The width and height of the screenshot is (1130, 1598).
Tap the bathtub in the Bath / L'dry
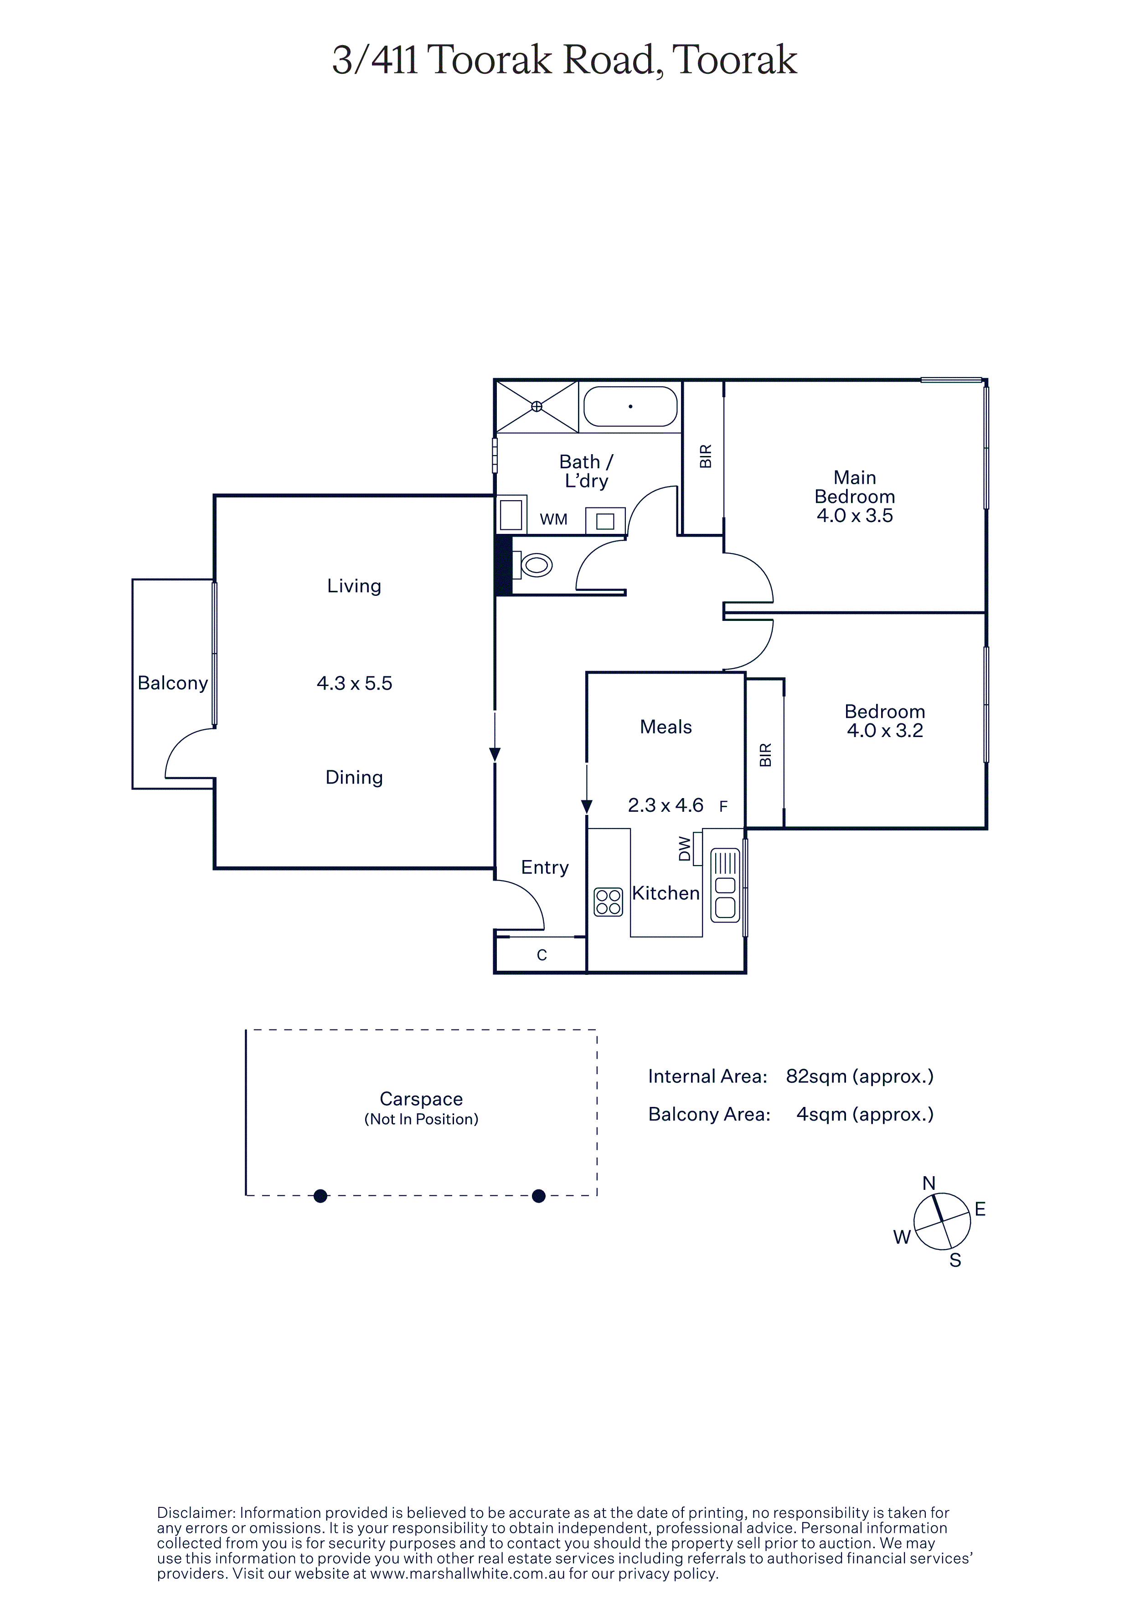pyautogui.click(x=630, y=406)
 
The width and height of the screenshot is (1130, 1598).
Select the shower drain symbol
pyautogui.click(x=537, y=406)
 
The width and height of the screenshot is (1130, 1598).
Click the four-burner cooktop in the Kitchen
pyautogui.click(x=609, y=902)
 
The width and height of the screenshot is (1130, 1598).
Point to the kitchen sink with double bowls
pyautogui.click(x=726, y=885)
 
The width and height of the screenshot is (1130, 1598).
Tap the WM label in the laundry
pyautogui.click(x=553, y=519)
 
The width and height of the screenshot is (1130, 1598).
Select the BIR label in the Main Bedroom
pyautogui.click(x=705, y=456)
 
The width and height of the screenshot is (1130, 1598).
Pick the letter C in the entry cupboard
pyautogui.click(x=542, y=956)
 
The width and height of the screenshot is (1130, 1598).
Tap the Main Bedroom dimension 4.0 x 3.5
pyautogui.click(x=855, y=516)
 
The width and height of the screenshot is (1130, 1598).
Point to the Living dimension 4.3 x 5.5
pyautogui.click(x=354, y=683)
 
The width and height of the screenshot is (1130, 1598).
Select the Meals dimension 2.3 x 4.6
pyautogui.click(x=666, y=805)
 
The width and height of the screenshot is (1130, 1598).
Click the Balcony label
pyautogui.click(x=173, y=683)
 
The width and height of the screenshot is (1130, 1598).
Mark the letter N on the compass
pyautogui.click(x=929, y=1183)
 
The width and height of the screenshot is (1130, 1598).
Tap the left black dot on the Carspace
pyautogui.click(x=320, y=1196)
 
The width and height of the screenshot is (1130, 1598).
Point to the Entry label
pyautogui.click(x=545, y=868)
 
